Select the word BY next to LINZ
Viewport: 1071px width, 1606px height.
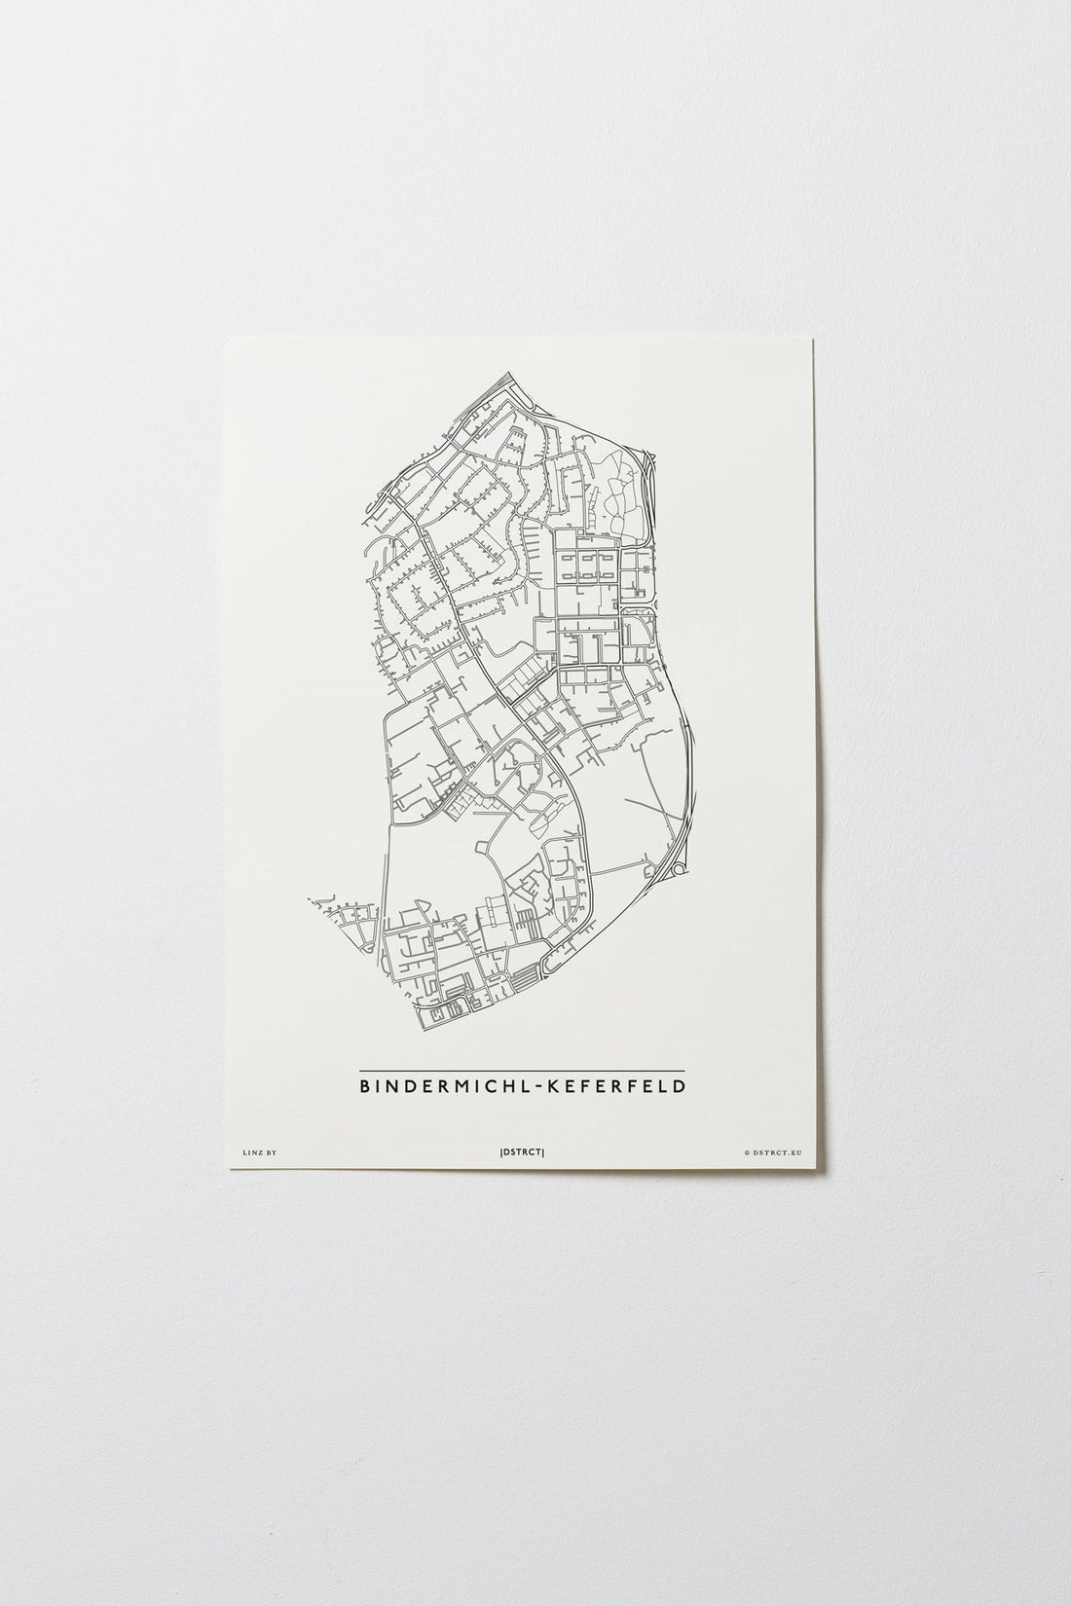pyautogui.click(x=272, y=1152)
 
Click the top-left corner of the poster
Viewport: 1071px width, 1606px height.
pyautogui.click(x=227, y=338)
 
